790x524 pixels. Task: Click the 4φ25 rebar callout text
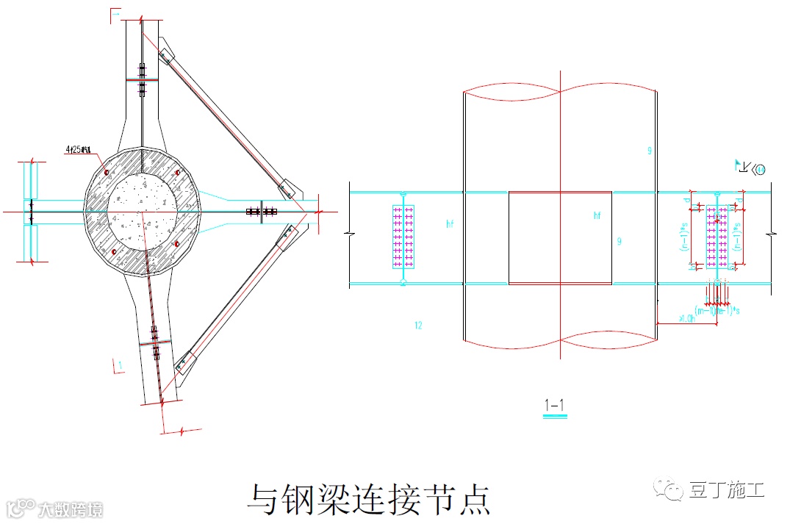tap(77, 151)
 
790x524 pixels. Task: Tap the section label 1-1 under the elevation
tap(555, 404)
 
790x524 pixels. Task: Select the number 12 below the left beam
tap(418, 325)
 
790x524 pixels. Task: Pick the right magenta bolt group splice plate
tap(717, 237)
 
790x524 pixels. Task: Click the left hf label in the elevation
tap(450, 222)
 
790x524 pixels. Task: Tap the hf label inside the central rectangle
tap(597, 215)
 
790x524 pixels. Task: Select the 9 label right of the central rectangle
tap(620, 241)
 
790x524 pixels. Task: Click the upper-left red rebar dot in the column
tap(107, 172)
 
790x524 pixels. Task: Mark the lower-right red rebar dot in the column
tap(176, 243)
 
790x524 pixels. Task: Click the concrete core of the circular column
tap(142, 209)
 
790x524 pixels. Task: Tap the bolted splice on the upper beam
tap(143, 80)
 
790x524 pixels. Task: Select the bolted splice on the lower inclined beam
tap(154, 342)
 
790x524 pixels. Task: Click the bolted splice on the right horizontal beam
tap(261, 212)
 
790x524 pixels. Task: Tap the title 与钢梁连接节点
tap(367, 499)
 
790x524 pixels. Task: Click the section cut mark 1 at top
tap(115, 15)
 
